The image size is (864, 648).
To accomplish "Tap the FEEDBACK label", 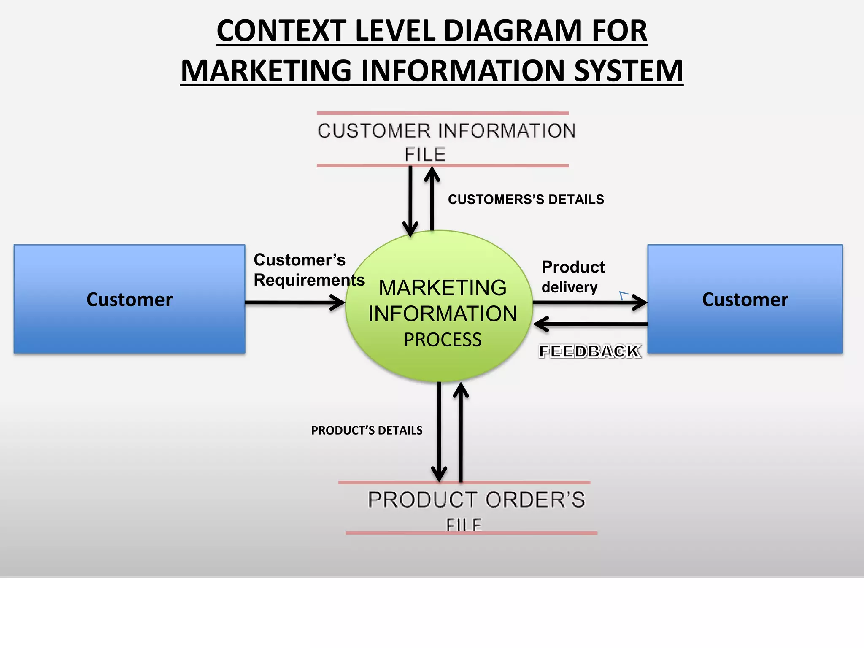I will (x=590, y=351).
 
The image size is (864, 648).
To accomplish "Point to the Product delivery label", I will (x=572, y=277).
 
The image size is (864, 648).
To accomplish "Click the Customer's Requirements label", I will (x=308, y=270).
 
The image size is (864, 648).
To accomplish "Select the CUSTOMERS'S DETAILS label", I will (x=526, y=200).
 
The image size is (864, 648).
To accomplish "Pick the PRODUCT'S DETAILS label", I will (x=367, y=430).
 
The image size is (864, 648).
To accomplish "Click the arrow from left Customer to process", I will (x=295, y=302).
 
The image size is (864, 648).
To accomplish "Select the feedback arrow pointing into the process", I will (x=591, y=324).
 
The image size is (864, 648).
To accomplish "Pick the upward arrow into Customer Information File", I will (x=432, y=202).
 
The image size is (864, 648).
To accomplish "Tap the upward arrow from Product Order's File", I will (x=461, y=435).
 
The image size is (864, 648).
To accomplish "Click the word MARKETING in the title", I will (x=266, y=71).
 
